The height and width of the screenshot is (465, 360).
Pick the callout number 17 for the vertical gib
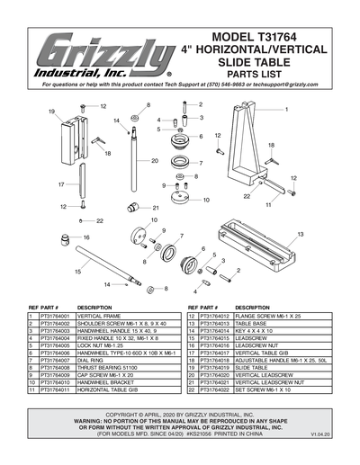pos(61,183)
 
